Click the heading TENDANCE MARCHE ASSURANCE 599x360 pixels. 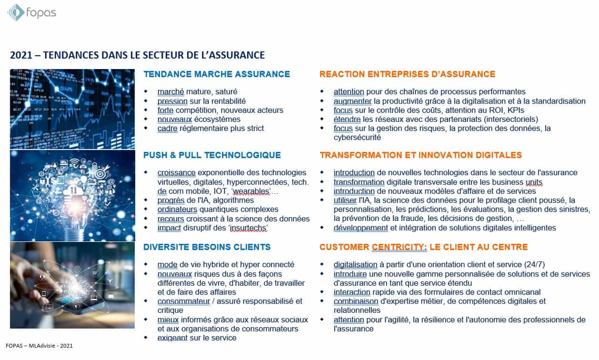(217, 74)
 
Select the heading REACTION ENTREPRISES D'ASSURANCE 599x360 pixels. (407, 74)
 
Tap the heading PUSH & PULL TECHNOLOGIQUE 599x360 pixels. (212, 155)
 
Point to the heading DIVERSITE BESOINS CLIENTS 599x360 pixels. (207, 247)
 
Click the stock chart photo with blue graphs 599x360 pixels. (72, 109)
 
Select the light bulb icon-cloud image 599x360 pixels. (72, 196)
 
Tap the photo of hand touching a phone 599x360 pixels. (72, 285)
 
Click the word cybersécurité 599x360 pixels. (357, 138)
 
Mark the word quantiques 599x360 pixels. (223, 210)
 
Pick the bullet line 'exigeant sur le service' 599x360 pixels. (197, 338)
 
